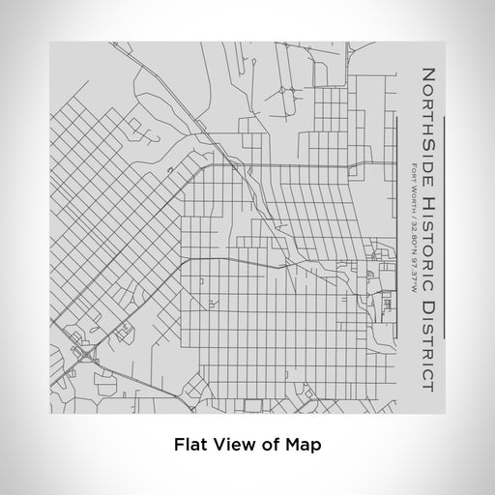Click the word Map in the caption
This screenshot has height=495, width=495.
(x=303, y=446)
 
